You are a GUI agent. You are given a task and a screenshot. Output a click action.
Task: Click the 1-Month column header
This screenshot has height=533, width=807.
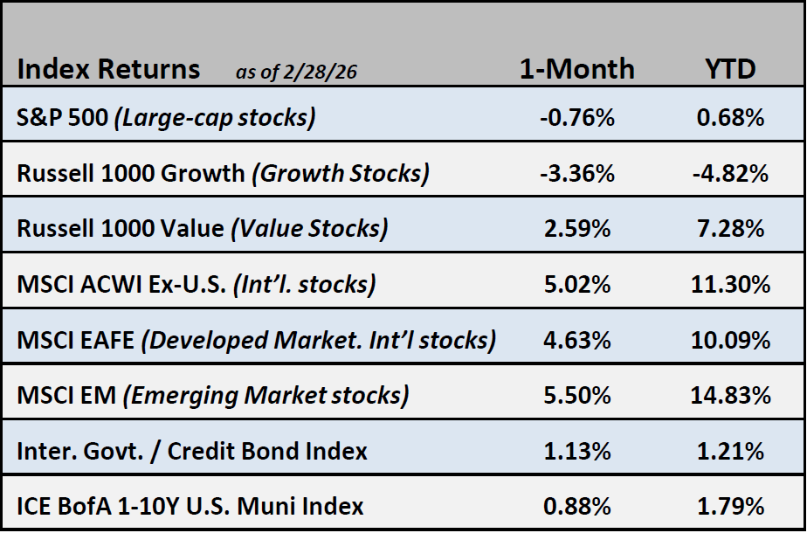tap(576, 69)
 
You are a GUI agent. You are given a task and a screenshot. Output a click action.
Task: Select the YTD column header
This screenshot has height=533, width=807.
tap(730, 69)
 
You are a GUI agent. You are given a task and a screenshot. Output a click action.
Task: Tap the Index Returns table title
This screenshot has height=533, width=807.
tap(108, 69)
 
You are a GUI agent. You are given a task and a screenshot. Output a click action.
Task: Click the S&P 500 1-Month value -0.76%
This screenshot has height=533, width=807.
tap(576, 117)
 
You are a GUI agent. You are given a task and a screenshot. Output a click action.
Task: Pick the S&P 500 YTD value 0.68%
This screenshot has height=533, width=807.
tap(730, 117)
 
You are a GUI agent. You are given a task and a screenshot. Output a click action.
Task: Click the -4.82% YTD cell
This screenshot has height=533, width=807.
tap(730, 173)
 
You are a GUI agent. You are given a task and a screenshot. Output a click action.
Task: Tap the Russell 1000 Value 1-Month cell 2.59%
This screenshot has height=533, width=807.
tap(576, 228)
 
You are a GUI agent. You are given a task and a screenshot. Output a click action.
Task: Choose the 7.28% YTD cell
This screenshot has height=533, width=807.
tap(730, 228)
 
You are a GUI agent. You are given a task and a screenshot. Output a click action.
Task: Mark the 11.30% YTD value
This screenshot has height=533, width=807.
tap(730, 284)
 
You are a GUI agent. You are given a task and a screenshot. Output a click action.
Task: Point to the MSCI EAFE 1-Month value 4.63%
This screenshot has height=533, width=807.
tap(576, 340)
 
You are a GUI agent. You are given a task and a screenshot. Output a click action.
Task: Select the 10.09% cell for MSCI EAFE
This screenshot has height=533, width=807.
tap(730, 340)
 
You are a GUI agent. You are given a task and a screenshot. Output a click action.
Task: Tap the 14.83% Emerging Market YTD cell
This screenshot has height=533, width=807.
tap(730, 395)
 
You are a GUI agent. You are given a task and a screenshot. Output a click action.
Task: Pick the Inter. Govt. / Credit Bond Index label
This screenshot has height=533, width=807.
tap(192, 451)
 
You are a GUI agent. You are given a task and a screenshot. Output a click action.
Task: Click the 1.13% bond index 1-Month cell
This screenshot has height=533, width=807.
tap(576, 451)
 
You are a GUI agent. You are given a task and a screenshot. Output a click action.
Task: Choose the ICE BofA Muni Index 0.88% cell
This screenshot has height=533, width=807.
tap(576, 506)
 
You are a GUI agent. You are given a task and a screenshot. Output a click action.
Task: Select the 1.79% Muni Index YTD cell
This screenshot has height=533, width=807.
tap(730, 506)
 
